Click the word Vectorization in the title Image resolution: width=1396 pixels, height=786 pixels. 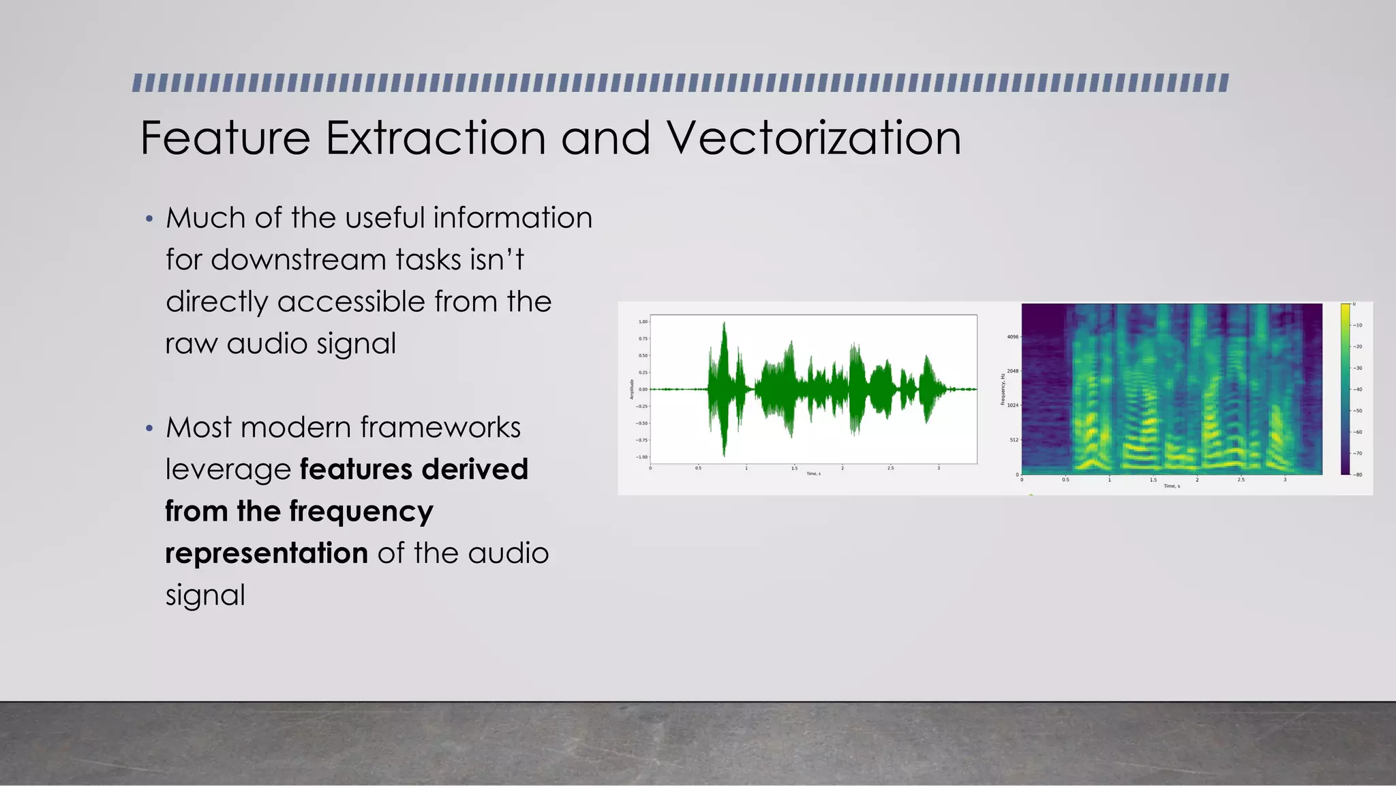coord(813,138)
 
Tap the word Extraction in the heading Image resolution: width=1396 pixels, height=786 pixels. coord(436,138)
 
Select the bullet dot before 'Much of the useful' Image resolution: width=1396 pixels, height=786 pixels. coord(149,220)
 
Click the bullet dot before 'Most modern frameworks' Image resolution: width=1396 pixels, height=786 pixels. coord(149,429)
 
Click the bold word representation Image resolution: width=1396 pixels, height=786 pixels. coord(267,553)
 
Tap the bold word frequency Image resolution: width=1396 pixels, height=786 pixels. coord(361,512)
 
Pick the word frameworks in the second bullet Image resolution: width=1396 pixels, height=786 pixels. coord(440,428)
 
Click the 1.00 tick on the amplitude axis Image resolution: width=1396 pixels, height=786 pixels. coord(643,321)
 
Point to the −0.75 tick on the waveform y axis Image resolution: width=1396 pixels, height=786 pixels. coord(641,440)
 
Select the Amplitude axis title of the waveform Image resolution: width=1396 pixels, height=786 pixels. coord(632,389)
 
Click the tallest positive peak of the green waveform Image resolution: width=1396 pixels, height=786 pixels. coord(724,325)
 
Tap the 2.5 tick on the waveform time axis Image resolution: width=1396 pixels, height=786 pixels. coord(891,468)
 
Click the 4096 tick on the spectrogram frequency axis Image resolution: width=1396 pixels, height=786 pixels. coord(1012,336)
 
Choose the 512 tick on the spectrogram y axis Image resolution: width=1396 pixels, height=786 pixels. coord(1014,439)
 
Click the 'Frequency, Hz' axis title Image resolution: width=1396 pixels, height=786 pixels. coord(1003,389)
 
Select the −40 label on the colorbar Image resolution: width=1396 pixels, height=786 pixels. coord(1358,390)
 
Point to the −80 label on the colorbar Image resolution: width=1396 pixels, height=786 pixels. coord(1358,474)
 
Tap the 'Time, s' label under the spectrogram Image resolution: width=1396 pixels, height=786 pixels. coord(1172,486)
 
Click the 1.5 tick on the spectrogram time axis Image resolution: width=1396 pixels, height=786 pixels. coord(1153,480)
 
